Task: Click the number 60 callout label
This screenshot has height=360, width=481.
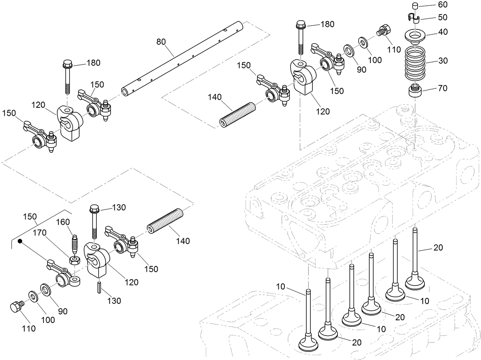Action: (x=432, y=5)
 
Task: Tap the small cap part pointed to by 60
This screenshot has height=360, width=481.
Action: (x=414, y=5)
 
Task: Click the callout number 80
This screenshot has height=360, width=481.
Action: (x=161, y=41)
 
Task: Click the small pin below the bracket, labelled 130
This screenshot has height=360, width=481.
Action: (x=99, y=287)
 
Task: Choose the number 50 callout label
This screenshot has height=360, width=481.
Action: (x=432, y=18)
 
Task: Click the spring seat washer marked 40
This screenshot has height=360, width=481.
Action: (x=415, y=35)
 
